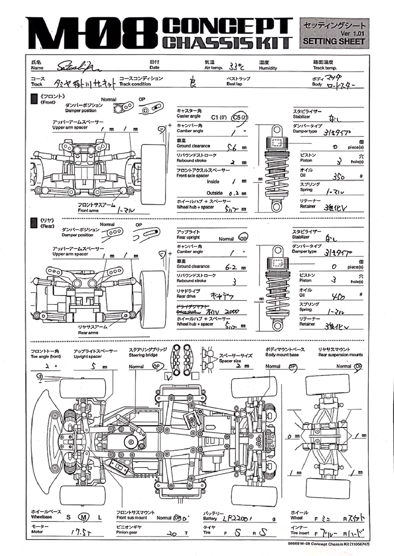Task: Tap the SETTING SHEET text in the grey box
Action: (x=334, y=41)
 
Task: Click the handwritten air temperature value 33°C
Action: (x=237, y=66)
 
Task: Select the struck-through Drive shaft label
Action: (x=188, y=312)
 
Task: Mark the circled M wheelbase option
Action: (x=83, y=517)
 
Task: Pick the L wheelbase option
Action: (x=99, y=517)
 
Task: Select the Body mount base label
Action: (x=282, y=355)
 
